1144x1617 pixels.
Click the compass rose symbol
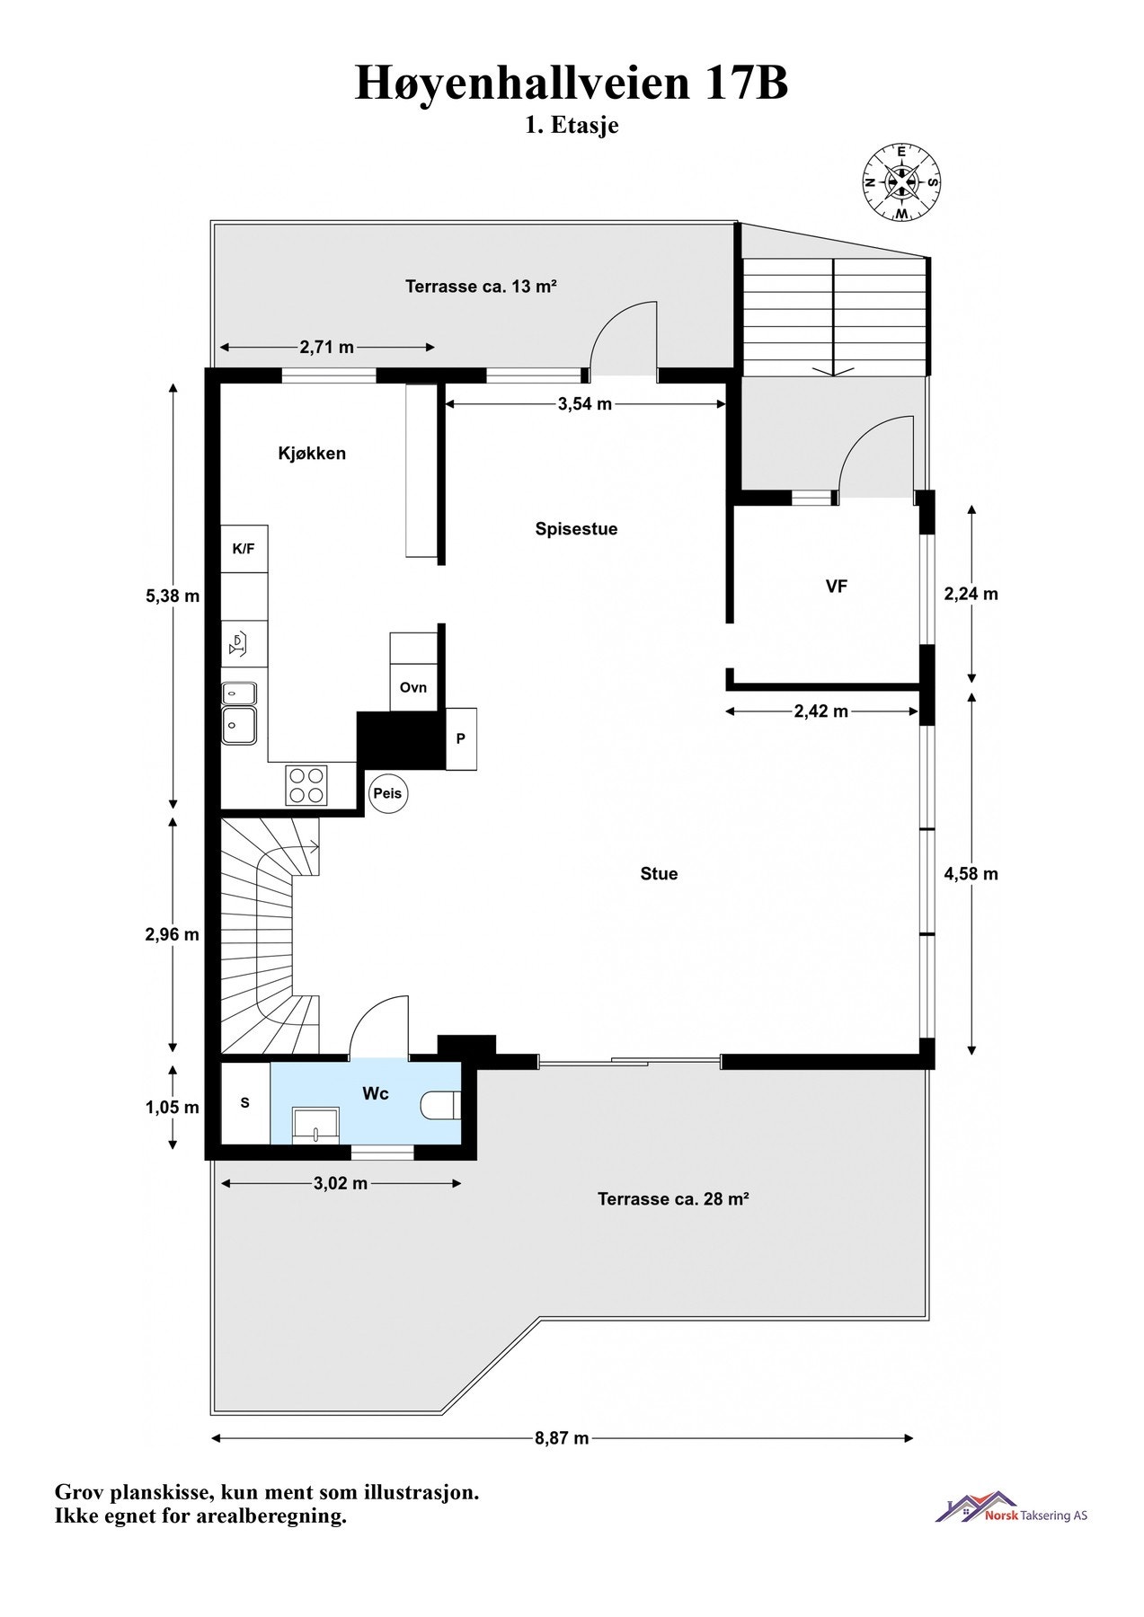click(x=901, y=182)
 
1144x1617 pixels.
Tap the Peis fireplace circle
click(x=388, y=794)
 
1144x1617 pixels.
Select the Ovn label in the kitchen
click(x=413, y=687)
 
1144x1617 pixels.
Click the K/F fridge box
click(x=244, y=549)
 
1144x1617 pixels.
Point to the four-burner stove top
click(x=306, y=784)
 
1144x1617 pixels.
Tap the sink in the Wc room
click(x=316, y=1123)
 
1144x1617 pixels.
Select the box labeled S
click(x=244, y=1103)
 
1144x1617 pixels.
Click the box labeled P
click(x=461, y=738)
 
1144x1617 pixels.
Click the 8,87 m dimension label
click(x=562, y=1438)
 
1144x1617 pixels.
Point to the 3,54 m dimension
click(x=584, y=404)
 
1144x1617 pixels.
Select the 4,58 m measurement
click(x=971, y=873)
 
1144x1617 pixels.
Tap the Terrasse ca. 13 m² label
click(x=481, y=287)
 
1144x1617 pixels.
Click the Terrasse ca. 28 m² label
click(x=673, y=1198)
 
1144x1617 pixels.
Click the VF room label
click(x=836, y=587)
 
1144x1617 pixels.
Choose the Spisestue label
click(x=576, y=529)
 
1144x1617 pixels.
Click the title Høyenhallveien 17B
click(x=572, y=83)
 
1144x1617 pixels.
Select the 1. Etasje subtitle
click(x=572, y=126)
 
